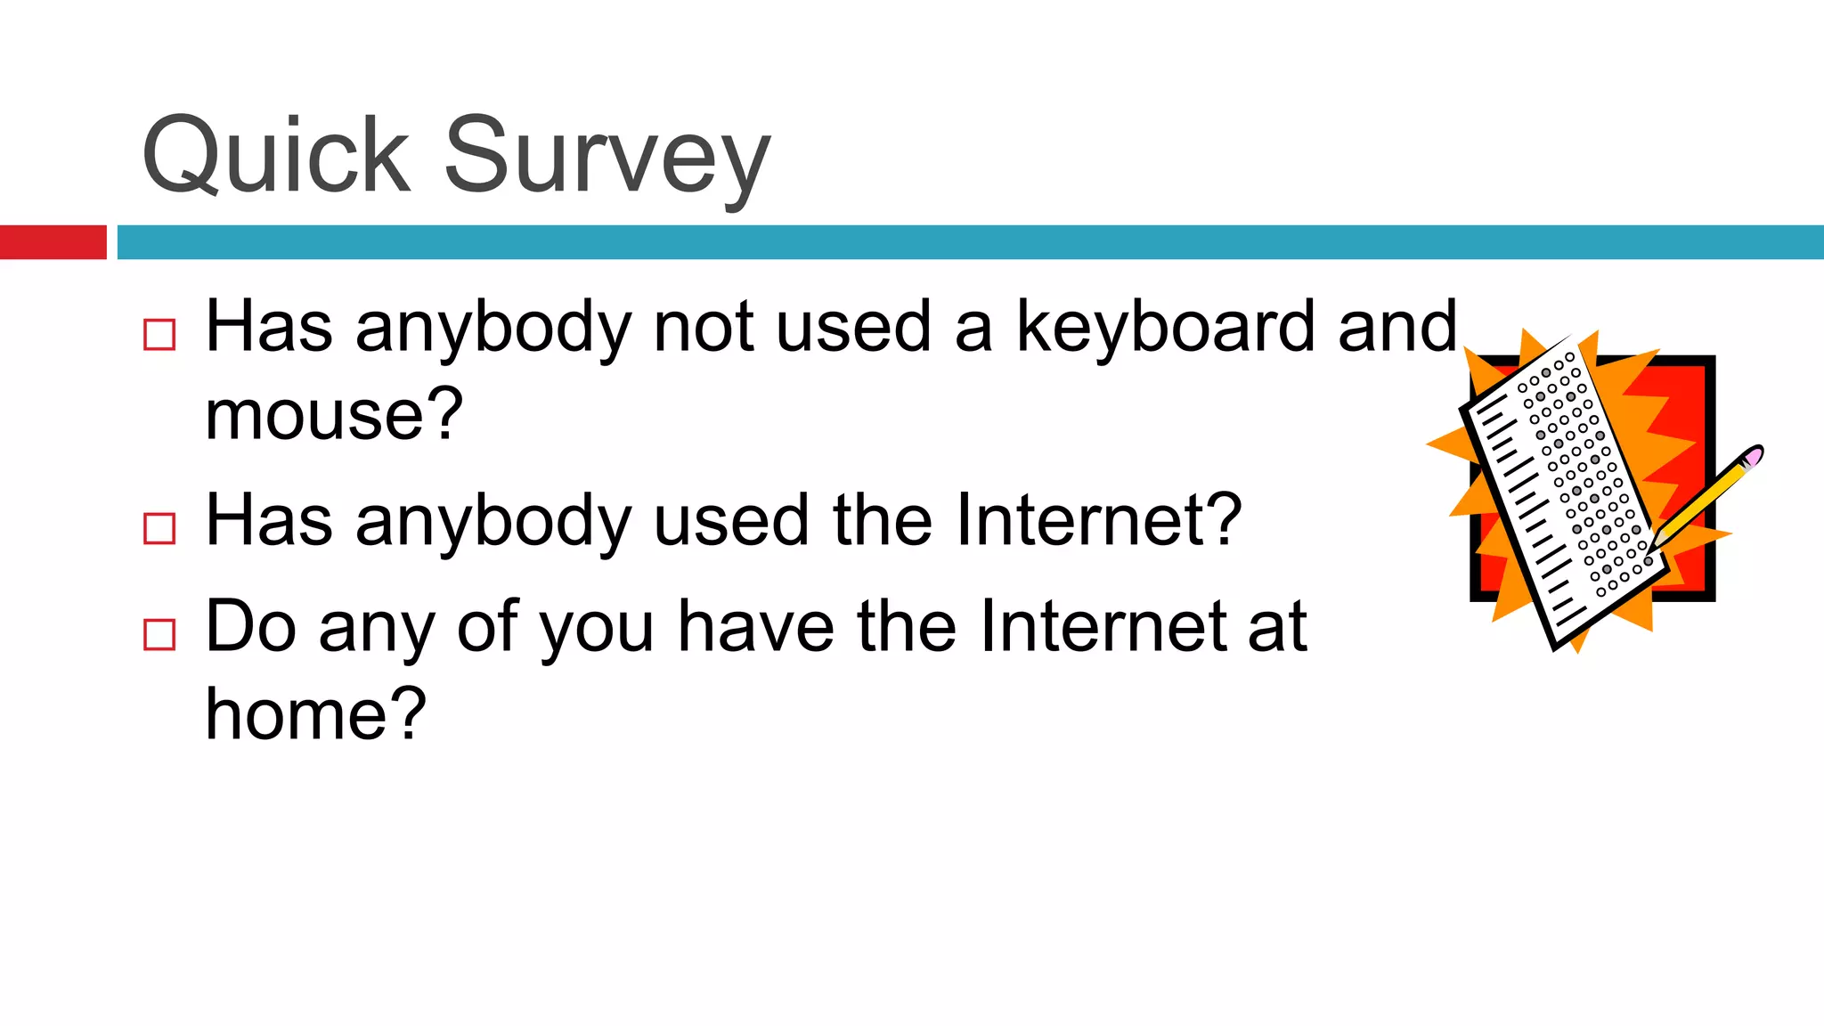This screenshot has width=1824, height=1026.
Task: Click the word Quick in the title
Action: click(x=276, y=155)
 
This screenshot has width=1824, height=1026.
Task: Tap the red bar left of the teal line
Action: click(x=53, y=242)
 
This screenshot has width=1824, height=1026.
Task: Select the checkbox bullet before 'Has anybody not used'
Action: click(x=159, y=335)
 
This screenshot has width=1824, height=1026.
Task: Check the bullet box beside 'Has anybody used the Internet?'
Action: click(x=159, y=528)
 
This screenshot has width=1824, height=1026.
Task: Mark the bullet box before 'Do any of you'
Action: click(x=159, y=635)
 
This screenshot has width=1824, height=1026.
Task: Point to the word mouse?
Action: click(x=334, y=414)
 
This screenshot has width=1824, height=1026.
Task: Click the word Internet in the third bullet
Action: click(x=1102, y=626)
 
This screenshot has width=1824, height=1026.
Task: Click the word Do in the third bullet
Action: click(x=250, y=626)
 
